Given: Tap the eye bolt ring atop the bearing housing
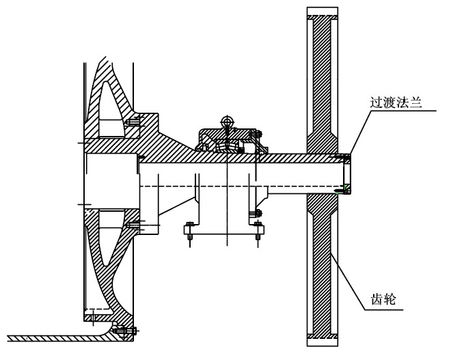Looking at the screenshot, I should (x=228, y=122).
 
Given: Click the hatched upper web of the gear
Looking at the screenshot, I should (x=322, y=82).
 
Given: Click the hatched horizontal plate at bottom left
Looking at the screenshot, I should (x=55, y=337).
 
